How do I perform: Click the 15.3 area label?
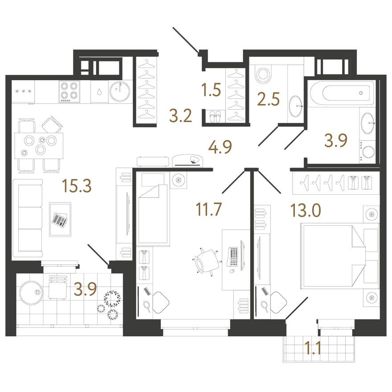pos(77,186)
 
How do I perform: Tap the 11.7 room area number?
pos(209,209)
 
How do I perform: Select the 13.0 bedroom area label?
pos(305,210)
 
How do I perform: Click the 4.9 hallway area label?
pos(220,147)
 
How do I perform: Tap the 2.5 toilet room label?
pos(268,99)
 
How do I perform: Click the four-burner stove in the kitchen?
pos(69,91)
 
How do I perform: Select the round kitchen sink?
pos(120,91)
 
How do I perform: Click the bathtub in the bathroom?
pos(342,93)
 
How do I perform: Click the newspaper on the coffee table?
pos(60,220)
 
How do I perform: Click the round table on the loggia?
pos(30,294)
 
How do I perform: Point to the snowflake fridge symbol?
pos(24,91)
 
